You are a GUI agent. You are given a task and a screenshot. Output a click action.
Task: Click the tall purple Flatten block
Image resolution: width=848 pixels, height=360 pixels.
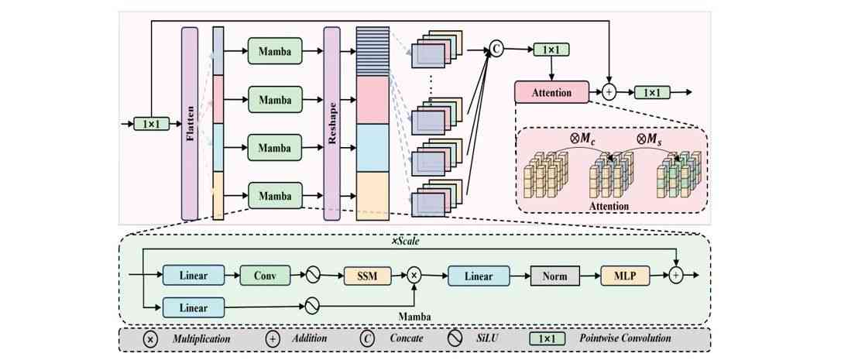[x=190, y=122]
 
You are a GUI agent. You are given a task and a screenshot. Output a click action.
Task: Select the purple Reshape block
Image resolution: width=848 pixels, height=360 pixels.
[x=332, y=122]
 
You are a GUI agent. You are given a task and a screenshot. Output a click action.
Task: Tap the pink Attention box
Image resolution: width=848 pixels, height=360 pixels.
[x=551, y=93]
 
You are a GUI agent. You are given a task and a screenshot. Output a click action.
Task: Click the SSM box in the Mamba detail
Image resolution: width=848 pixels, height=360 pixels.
[x=367, y=275]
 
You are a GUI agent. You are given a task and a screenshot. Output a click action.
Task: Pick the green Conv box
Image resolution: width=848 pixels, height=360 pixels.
[x=265, y=275]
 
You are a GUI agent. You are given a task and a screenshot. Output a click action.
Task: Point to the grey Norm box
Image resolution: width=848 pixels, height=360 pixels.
[x=555, y=275]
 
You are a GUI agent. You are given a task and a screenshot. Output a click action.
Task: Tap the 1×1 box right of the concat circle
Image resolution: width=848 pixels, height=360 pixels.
[x=551, y=50]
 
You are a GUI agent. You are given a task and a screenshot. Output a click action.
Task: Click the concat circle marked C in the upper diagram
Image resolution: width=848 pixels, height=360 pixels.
[x=496, y=50]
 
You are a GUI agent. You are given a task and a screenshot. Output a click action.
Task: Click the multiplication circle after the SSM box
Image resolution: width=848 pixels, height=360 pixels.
[x=414, y=275]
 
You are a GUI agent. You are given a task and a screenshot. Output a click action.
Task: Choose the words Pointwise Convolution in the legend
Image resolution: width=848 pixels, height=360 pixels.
[x=624, y=338]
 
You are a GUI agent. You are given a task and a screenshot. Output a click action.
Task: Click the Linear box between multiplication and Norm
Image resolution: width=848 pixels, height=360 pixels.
[x=478, y=275]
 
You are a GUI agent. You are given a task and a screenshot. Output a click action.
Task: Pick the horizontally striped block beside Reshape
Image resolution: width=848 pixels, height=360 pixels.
[x=373, y=51]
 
